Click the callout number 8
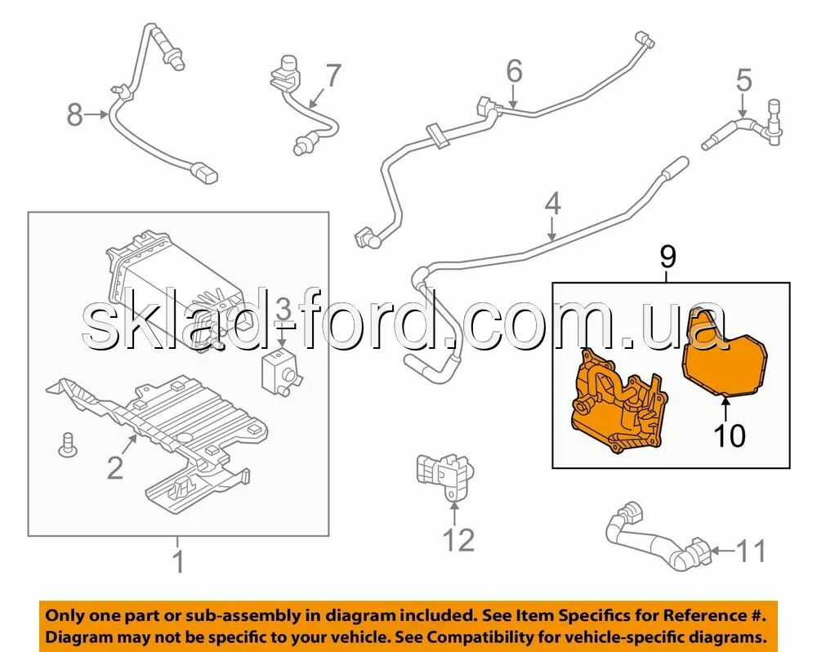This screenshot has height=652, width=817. pos(74,114)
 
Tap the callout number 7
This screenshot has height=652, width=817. pos(333,76)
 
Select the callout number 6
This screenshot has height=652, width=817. pos(514,71)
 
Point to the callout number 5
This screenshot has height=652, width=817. pos(744,81)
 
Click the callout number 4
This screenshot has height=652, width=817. pos(553,203)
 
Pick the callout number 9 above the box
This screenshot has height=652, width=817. pos(668,257)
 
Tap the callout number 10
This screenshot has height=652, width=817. pos(730,435)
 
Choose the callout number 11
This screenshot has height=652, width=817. pos(752,551)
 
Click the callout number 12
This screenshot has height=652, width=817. pos(459,539)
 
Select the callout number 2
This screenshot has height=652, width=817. pos(114,467)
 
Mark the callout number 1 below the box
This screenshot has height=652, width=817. pos(179,562)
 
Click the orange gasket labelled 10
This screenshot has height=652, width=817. pos(725,357)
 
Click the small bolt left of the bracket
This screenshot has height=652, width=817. pos(66,445)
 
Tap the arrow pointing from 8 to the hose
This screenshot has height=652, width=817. pos(96,114)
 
